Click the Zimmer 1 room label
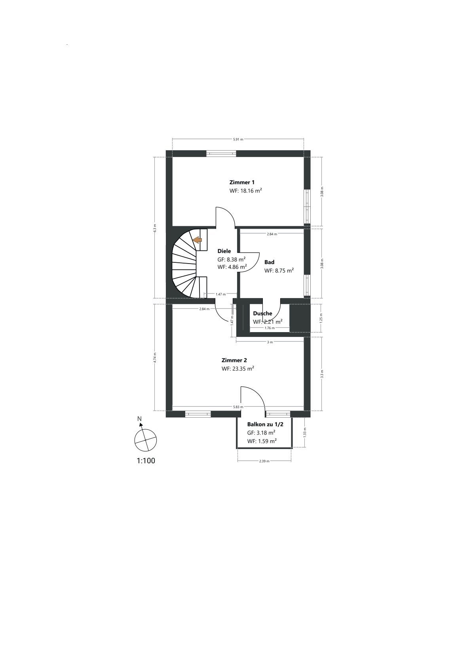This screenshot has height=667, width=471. [x=242, y=182]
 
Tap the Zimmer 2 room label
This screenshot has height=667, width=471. [x=234, y=360]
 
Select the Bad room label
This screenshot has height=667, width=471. [x=270, y=262]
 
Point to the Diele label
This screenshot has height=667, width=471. [x=224, y=251]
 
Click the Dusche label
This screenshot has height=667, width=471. [x=262, y=313]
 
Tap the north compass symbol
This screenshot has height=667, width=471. [x=145, y=438]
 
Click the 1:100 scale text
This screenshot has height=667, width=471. [x=146, y=461]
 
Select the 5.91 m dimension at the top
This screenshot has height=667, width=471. [x=238, y=139]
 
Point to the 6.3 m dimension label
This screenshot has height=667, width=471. [x=155, y=228]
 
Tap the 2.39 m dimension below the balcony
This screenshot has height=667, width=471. [x=264, y=461]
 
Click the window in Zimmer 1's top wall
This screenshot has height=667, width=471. [x=221, y=153]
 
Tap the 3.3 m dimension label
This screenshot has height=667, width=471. [x=322, y=374]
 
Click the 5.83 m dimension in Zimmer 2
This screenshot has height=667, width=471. [x=238, y=407]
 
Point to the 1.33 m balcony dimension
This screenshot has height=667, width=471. [x=305, y=432]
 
